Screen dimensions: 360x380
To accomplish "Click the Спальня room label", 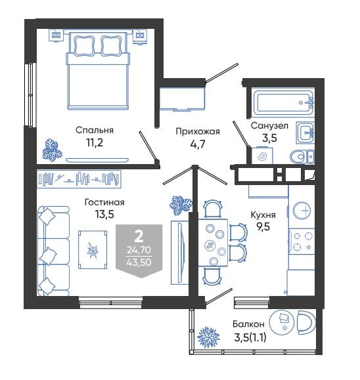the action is click(x=95, y=131).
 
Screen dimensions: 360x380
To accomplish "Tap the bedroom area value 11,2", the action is click(x=95, y=142).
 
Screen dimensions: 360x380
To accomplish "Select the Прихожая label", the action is click(x=198, y=132).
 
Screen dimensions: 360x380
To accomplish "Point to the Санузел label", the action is click(x=269, y=126).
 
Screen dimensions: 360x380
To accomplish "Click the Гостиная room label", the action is click(x=104, y=202).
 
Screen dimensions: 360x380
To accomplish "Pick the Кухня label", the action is click(x=263, y=215).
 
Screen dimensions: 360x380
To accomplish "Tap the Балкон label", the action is click(x=248, y=324).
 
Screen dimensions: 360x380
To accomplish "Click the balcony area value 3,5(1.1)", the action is click(x=250, y=337).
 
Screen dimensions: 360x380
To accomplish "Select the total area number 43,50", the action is click(x=139, y=263).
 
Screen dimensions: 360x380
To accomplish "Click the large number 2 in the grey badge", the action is click(x=139, y=237).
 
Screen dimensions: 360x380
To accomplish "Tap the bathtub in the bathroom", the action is click(x=283, y=102).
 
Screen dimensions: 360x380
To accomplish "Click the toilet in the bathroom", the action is click(x=302, y=157).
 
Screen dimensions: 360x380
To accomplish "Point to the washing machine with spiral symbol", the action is click(x=262, y=156).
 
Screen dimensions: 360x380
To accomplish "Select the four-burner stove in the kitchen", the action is click(x=302, y=241).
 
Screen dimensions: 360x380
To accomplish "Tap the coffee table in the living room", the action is click(x=93, y=250).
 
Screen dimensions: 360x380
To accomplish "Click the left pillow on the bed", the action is click(x=83, y=45).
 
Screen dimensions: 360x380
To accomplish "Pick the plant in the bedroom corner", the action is click(x=53, y=150).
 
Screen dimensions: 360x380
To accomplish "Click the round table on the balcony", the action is click(x=282, y=322).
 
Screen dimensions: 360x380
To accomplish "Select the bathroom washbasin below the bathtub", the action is click(x=305, y=133).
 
